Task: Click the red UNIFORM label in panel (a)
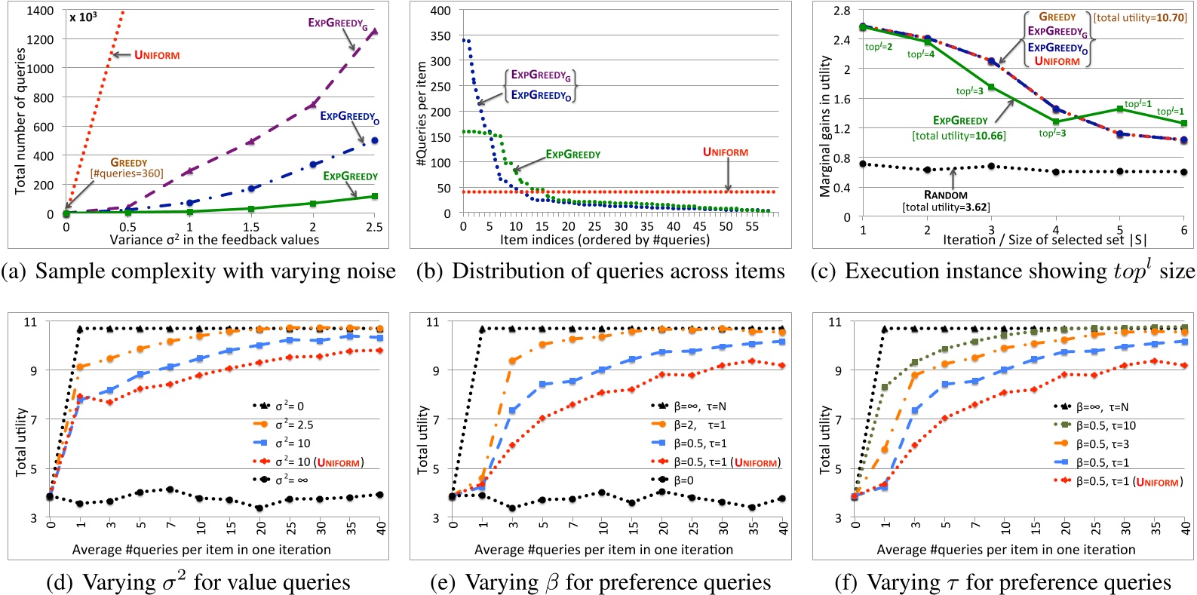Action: pos(157,55)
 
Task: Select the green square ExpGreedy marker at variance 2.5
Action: pos(374,197)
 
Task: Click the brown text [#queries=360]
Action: pos(127,174)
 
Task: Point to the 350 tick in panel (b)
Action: pos(440,35)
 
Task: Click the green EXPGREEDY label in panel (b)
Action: pos(573,155)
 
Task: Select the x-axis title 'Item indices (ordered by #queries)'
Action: pos(604,240)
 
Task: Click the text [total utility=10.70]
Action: pos(1140,17)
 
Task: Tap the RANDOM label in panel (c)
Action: pos(945,195)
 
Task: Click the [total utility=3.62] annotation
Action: pos(946,207)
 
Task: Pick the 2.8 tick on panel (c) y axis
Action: pos(842,11)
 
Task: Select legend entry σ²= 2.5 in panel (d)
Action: pos(294,425)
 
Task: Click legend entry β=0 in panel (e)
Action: pos(683,480)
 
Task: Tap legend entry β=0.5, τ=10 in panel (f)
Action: pos(1106,425)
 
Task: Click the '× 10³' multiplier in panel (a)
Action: pos(83,17)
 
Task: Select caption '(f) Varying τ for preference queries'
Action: pos(1003,582)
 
